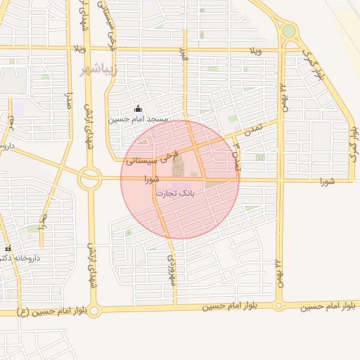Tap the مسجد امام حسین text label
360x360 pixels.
pos(138,120)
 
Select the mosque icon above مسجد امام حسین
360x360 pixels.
pos(138,109)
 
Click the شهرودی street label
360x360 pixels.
pos(170,269)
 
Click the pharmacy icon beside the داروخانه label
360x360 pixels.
pos(8,249)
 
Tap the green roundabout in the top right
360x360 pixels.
pos(289,31)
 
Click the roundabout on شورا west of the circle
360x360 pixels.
pos(89,179)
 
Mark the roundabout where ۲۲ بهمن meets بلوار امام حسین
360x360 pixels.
pos(279,306)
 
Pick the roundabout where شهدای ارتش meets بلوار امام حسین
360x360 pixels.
pos(94,310)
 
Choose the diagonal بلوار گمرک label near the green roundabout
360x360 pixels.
pos(313,62)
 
